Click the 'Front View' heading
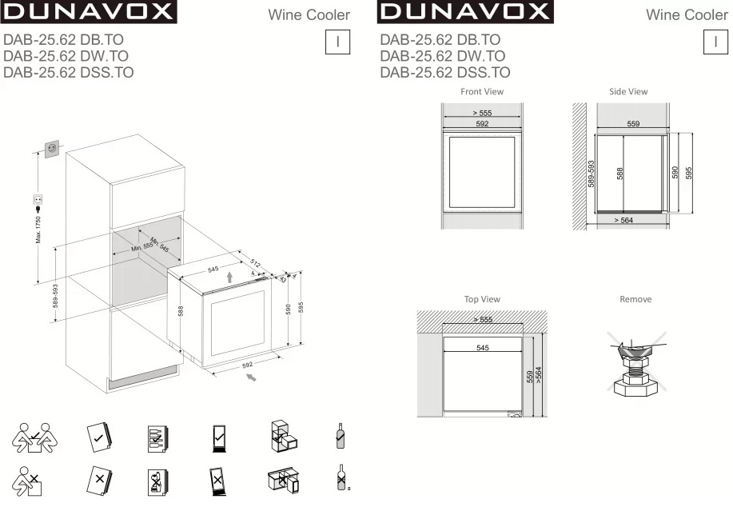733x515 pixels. (482, 92)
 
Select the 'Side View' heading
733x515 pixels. (628, 92)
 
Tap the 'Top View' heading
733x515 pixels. (482, 299)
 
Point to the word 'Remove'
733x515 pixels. (635, 299)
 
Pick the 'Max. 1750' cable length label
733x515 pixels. (38, 230)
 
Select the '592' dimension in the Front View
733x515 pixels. (482, 124)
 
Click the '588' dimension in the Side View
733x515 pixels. (620, 173)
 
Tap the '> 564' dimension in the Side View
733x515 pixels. (623, 220)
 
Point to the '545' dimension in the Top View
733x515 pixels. (482, 348)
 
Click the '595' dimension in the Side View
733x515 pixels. (688, 173)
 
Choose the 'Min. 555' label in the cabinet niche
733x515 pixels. (142, 249)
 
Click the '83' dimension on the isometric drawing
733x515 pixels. (282, 279)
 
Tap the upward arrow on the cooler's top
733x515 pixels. (230, 277)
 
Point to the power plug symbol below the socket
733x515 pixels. (37, 200)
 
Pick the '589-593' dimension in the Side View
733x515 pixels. (592, 174)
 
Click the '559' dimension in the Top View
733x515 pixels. (530, 377)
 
